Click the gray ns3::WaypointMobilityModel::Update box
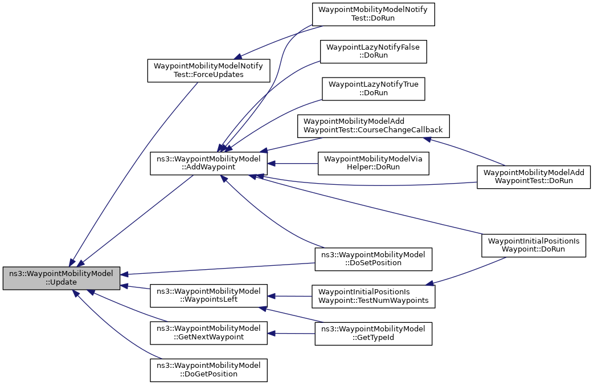point(62,278)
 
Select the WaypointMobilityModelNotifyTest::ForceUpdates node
point(209,70)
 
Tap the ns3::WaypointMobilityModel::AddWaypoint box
point(209,163)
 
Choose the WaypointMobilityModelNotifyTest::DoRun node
point(373,14)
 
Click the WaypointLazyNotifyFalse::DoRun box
point(373,51)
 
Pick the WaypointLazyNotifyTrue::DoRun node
point(374,89)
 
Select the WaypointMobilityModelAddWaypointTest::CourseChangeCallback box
point(373,126)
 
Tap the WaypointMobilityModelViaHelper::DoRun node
point(374,163)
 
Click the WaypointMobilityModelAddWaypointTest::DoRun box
point(534,177)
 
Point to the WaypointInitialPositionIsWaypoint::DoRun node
point(534,245)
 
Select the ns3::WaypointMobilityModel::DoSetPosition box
point(373,259)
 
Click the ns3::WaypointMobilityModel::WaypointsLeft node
point(209,295)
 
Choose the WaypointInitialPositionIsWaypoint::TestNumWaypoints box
point(373,296)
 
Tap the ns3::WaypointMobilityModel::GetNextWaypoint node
point(209,333)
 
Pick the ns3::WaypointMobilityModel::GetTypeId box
point(373,334)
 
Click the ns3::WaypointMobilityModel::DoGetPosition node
point(209,370)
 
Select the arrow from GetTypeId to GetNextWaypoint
point(291,334)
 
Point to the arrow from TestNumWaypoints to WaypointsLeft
point(290,296)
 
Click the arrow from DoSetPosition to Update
point(218,268)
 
